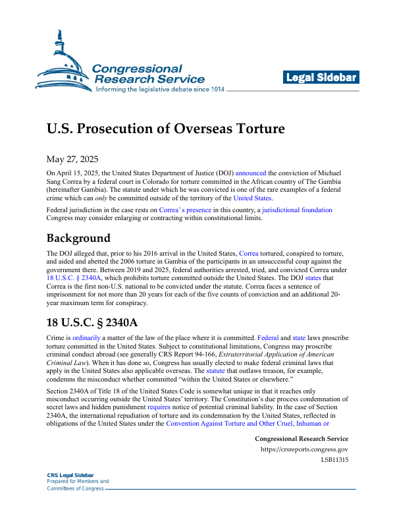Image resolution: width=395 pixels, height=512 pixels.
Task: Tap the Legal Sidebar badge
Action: [x=321, y=78]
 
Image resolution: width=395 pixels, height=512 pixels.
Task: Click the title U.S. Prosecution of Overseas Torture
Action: [x=166, y=128]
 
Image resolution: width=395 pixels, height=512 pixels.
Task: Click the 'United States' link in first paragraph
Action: [x=253, y=198]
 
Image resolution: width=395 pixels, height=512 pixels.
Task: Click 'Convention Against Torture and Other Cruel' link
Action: [x=221, y=425]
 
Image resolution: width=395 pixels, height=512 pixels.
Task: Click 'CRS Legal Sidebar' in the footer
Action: [x=70, y=475]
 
